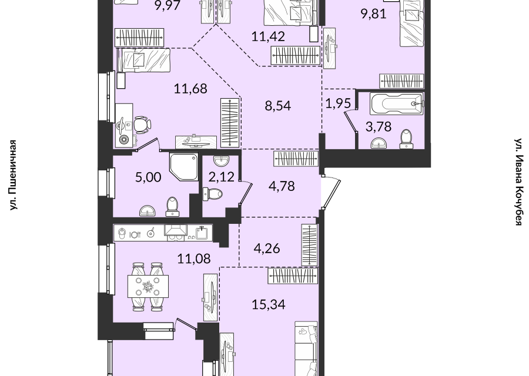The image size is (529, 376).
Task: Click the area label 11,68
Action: [x=190, y=89]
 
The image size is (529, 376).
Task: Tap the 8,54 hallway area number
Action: [x=278, y=106]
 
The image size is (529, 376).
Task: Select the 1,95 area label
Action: [x=339, y=103]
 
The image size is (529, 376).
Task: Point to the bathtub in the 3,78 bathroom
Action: [x=396, y=104]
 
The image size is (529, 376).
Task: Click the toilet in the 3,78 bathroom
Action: [x=407, y=139]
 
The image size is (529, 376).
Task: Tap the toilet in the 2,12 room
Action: [x=213, y=194]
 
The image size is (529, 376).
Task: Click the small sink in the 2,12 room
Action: [x=221, y=160]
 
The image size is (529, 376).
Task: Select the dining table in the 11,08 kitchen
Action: [x=148, y=286]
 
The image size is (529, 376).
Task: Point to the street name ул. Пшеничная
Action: [x=13, y=175]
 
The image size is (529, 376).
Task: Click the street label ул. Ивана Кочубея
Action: [x=518, y=182]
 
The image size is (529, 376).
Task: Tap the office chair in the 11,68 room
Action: [x=142, y=125]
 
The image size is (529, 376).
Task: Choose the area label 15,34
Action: [x=269, y=304]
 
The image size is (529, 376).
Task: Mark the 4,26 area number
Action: [x=266, y=249]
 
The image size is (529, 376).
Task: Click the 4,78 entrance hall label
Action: [x=282, y=186]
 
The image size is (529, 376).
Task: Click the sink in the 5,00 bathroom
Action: [x=148, y=211]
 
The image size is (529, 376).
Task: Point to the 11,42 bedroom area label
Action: [x=268, y=36]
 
